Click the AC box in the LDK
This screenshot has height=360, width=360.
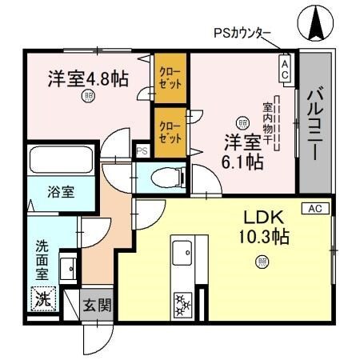[315, 208]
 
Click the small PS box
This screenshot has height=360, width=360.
[142, 150]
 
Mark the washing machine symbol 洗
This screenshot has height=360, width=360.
[41, 300]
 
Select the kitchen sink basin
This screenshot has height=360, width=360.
[181, 254]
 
